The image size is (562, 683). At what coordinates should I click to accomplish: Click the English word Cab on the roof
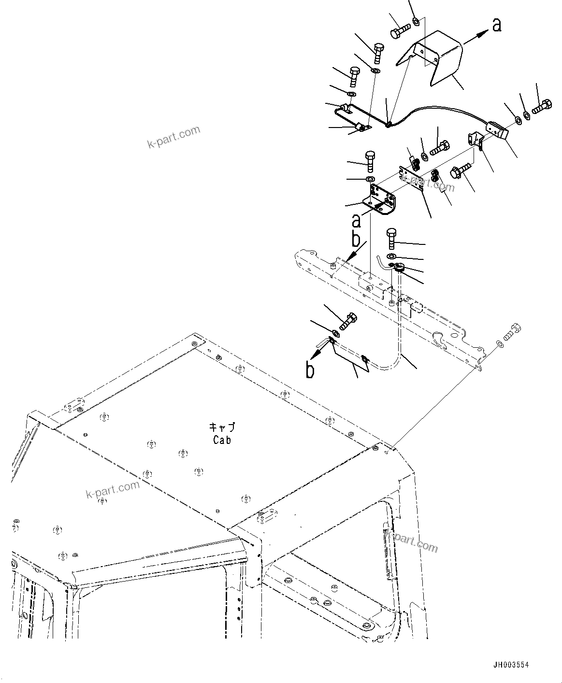pyautogui.click(x=222, y=440)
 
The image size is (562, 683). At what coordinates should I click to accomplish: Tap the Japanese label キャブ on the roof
pyautogui.click(x=222, y=427)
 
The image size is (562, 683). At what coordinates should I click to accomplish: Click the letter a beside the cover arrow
pyautogui.click(x=497, y=25)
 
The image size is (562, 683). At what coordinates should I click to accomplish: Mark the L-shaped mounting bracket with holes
pyautogui.click(x=379, y=198)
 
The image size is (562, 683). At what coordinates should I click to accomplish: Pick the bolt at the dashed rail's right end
pyautogui.click(x=511, y=332)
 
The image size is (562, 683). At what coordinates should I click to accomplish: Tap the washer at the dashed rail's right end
pyautogui.click(x=498, y=343)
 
